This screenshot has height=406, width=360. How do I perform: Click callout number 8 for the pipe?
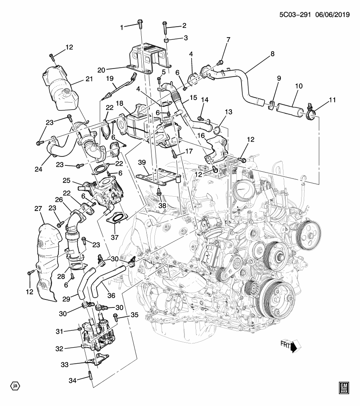click(272, 54)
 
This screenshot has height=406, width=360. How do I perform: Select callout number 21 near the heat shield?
click(88, 79)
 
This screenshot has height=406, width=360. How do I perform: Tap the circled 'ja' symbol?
click(15, 386)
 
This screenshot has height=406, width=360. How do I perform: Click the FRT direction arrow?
click(296, 346)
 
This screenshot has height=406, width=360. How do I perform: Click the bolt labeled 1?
click(140, 25)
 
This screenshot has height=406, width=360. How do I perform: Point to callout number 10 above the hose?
click(299, 86)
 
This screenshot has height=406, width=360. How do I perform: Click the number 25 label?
click(66, 181)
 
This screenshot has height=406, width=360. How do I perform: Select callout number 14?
click(206, 100)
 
